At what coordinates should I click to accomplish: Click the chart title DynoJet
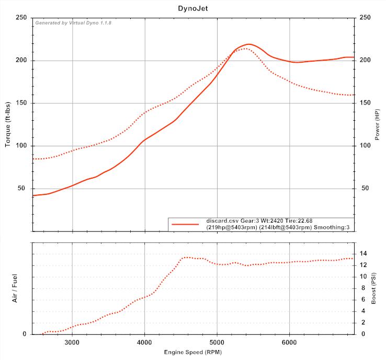(x=192, y=8)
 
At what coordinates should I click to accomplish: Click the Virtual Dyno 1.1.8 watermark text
(x=73, y=23)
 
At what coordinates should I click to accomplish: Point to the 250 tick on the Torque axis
(x=22, y=18)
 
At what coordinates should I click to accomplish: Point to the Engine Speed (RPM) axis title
(x=193, y=353)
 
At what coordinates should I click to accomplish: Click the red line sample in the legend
(x=186, y=224)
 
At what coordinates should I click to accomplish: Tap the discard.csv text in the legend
(x=222, y=220)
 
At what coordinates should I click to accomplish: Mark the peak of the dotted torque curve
(x=245, y=49)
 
